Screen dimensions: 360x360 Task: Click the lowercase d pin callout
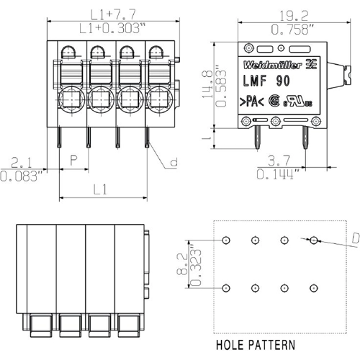(173, 163)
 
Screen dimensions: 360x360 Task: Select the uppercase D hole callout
(356, 238)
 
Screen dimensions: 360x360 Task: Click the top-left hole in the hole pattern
(226, 240)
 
